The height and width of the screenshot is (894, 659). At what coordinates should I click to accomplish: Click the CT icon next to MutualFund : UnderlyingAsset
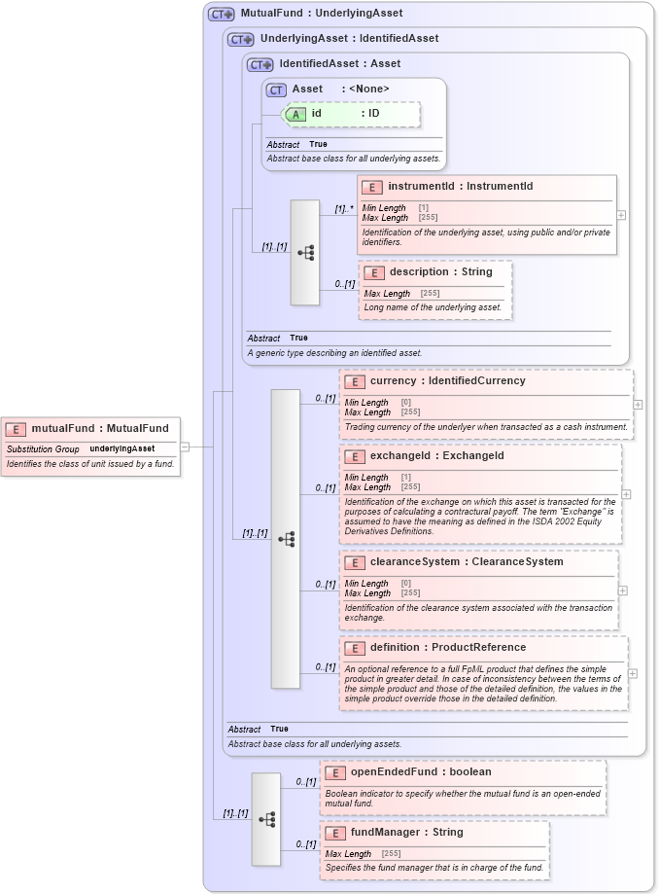coord(221,14)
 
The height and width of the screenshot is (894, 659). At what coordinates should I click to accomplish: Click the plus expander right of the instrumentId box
coord(621,215)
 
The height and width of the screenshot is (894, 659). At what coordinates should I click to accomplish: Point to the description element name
coord(419,272)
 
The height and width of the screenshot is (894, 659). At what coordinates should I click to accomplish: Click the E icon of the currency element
coord(355,381)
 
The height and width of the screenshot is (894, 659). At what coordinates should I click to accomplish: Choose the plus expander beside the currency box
coord(638,404)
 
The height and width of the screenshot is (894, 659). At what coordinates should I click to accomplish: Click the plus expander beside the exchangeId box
coord(626,494)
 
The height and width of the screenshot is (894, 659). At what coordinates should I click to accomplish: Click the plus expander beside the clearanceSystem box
coord(622,590)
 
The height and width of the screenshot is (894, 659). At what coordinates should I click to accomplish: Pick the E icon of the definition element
coord(355,648)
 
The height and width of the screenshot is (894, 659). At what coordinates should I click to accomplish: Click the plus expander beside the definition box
coord(633,673)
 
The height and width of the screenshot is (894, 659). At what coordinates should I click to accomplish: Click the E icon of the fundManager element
coord(335,833)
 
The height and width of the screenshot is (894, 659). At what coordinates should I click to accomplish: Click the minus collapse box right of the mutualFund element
coord(185,447)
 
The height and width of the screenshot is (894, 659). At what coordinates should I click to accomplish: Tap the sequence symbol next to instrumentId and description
coord(305,253)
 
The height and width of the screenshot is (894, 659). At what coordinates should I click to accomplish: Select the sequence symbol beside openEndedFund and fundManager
coord(266,819)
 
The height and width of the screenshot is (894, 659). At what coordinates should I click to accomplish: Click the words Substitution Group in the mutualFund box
coord(43,449)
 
